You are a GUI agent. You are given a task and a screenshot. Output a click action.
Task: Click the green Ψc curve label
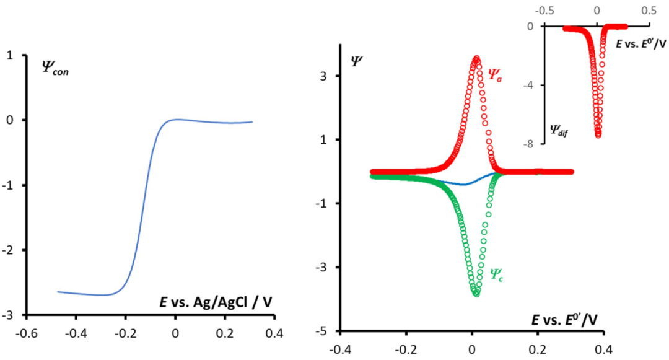(x=496, y=272)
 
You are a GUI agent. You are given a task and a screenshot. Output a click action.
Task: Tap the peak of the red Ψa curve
(x=476, y=58)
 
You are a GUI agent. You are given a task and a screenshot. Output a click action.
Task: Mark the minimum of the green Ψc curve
(x=476, y=294)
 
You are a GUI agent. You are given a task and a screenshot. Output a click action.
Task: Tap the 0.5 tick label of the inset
(x=649, y=11)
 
